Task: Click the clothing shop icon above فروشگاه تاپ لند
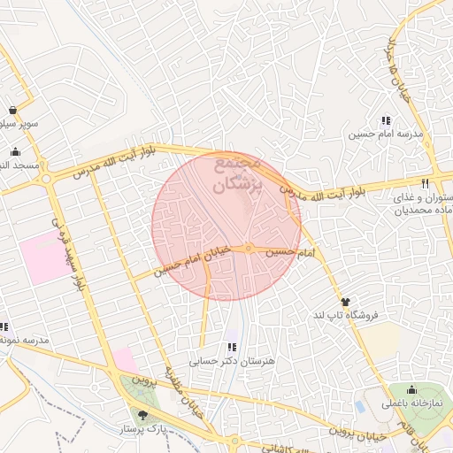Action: [346, 302]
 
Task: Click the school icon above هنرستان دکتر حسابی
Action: [232, 347]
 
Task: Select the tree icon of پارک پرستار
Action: [143, 414]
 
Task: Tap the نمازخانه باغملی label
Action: [411, 403]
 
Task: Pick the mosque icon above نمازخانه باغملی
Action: [411, 389]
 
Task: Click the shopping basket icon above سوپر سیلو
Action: [13, 110]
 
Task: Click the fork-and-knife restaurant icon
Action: [425, 183]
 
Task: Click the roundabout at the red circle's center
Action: [250, 249]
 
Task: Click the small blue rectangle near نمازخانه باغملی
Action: [359, 407]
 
